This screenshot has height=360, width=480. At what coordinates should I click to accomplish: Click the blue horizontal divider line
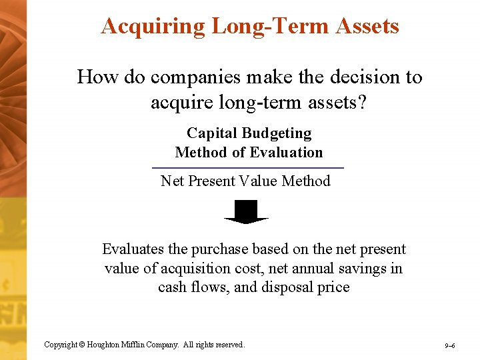point(248,167)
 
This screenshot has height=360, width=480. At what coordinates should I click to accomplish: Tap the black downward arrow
point(246,213)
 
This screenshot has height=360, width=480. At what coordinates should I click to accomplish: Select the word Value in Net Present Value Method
point(258,181)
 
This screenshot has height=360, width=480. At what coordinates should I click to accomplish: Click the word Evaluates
point(133,249)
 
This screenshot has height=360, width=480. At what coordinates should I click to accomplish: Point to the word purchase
point(217,249)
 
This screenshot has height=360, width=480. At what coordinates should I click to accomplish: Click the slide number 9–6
point(450,345)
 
